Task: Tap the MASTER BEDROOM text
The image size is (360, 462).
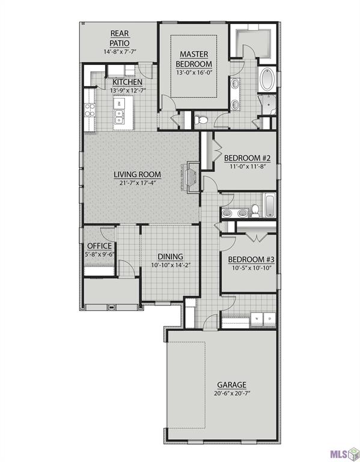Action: tap(194, 59)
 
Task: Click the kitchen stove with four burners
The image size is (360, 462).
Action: tap(90, 109)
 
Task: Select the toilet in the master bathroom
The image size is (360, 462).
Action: tap(202, 120)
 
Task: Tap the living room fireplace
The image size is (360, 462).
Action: tap(191, 178)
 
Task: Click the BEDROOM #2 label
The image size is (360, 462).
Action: tap(248, 159)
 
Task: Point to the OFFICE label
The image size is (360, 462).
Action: tap(99, 246)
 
